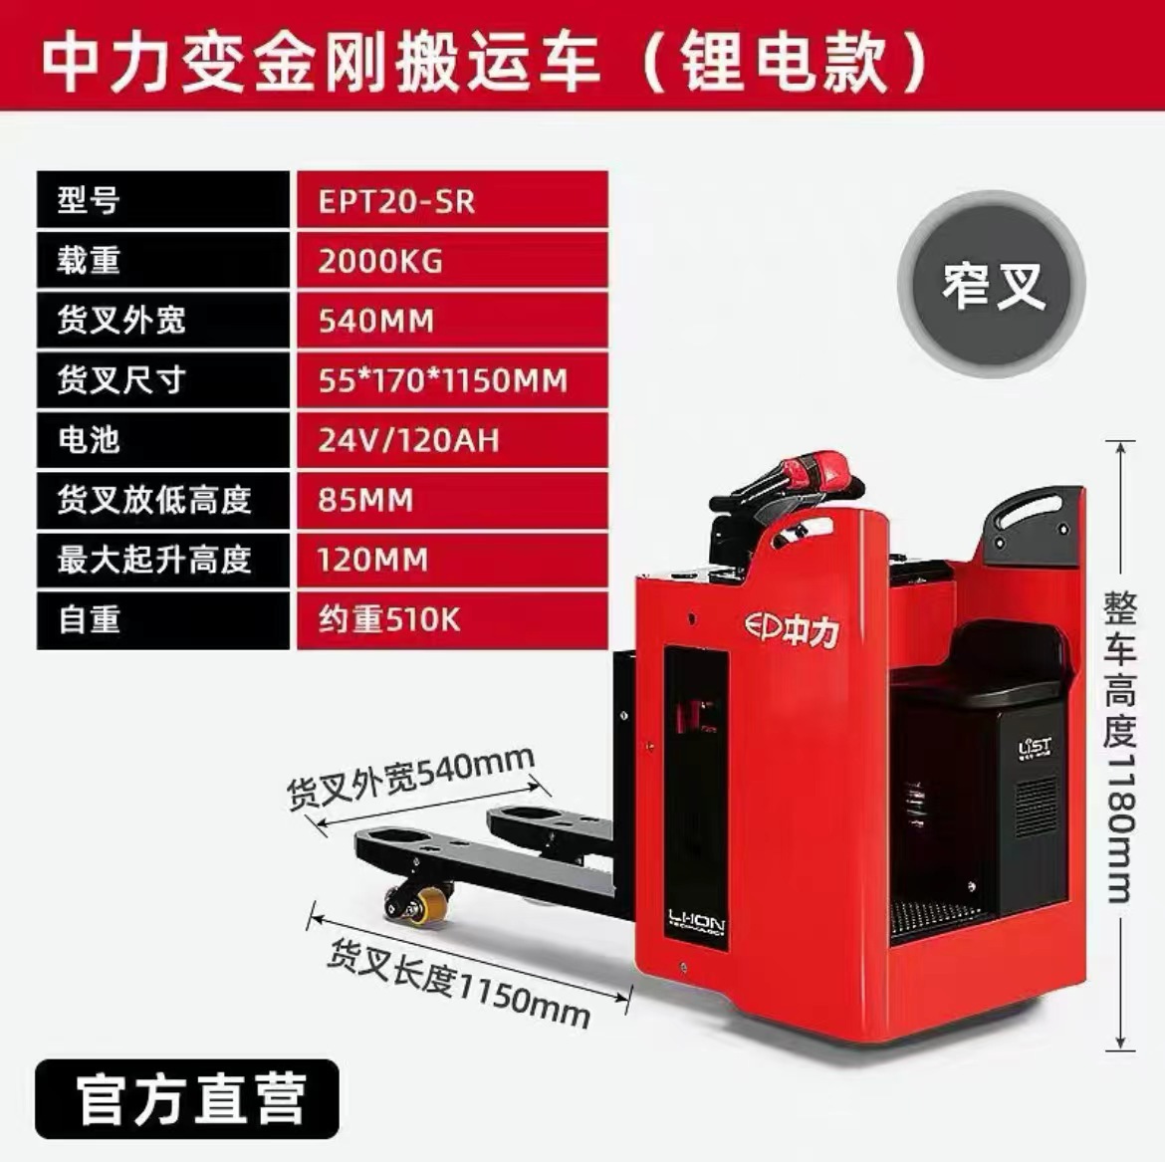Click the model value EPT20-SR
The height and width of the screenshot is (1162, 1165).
pos(396,201)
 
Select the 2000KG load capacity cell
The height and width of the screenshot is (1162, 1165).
pos(380,261)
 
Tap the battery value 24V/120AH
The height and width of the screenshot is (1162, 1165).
pos(408,440)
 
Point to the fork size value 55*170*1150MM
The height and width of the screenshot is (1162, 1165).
pos(442,380)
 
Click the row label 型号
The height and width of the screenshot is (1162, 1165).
pos(89,201)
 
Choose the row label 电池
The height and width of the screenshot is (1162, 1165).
pos(89,440)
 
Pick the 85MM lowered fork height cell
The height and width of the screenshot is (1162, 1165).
pos(365,500)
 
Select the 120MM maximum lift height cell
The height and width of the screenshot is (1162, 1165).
pos(372,560)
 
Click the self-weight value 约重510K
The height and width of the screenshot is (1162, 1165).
pos(389,619)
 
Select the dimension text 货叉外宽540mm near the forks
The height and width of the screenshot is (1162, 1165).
pos(410,778)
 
